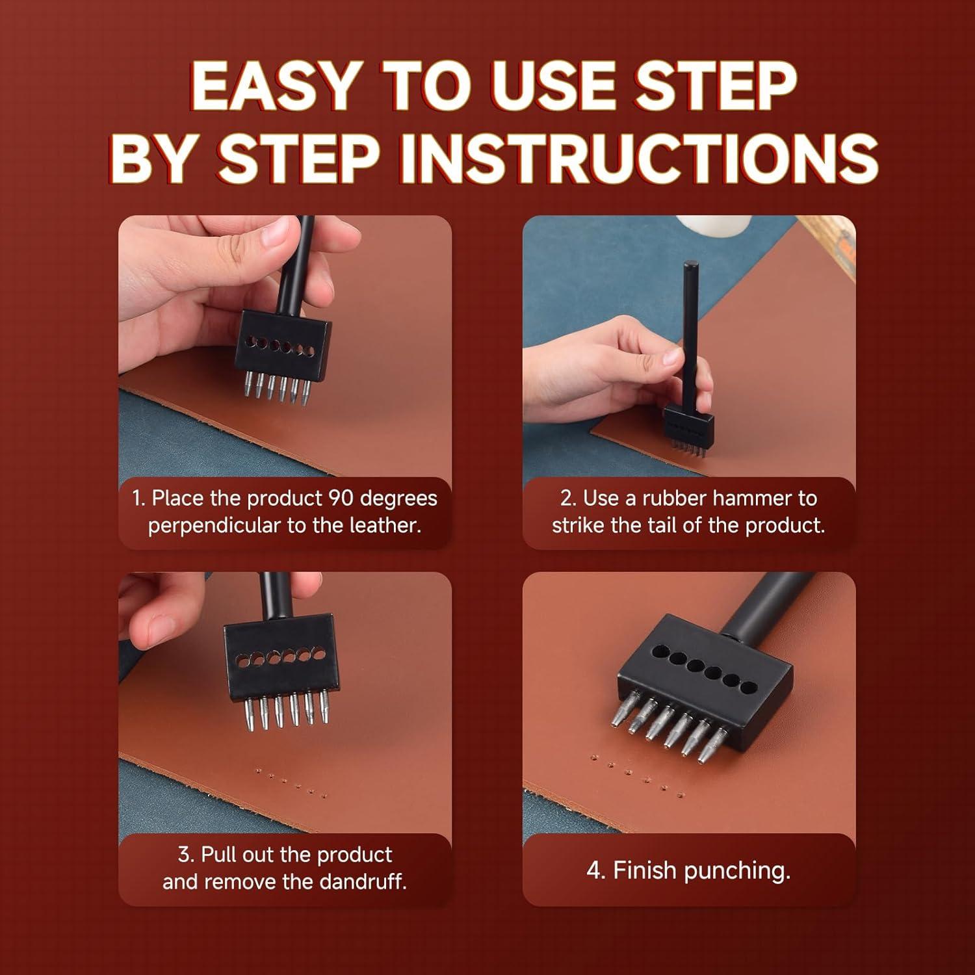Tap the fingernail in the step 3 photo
[160, 625]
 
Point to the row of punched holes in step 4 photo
[637, 775]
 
